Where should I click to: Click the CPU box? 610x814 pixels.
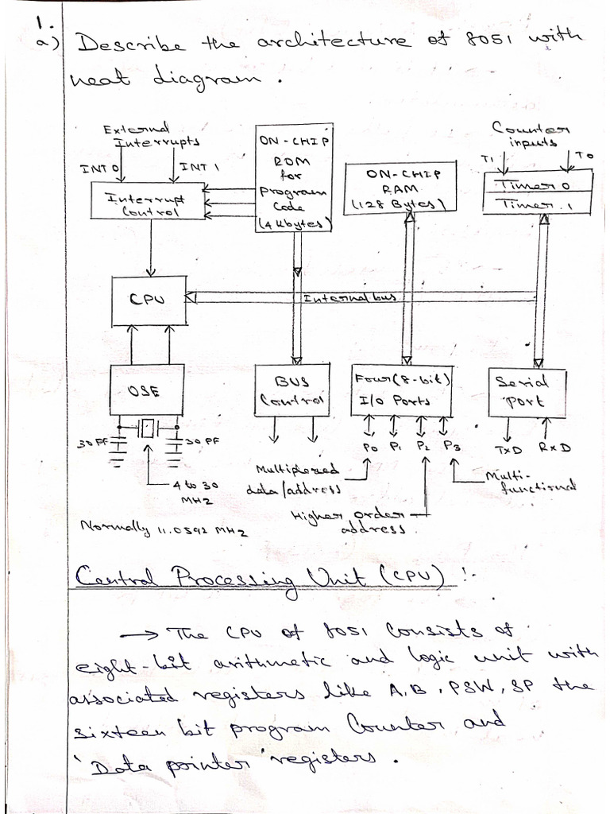click(149, 300)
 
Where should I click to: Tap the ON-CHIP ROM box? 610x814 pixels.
click(293, 178)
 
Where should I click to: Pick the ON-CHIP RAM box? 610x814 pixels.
click(403, 189)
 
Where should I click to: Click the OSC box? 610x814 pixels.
click(146, 390)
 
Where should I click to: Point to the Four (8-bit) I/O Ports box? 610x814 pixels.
click(403, 390)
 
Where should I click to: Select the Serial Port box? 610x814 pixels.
click(527, 393)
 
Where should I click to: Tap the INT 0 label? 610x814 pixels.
click(99, 169)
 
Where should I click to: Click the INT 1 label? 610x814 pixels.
click(199, 167)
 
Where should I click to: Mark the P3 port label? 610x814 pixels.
click(452, 447)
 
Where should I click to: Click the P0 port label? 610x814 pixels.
click(371, 448)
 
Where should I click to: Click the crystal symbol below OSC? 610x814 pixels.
click(147, 430)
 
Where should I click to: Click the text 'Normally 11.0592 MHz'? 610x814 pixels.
click(164, 527)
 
